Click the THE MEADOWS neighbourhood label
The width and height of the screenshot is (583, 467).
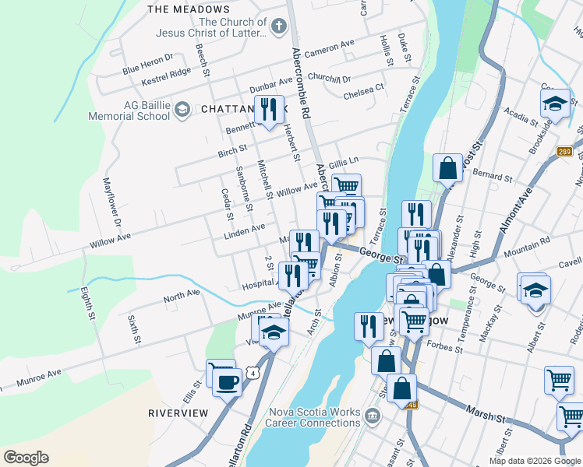188,9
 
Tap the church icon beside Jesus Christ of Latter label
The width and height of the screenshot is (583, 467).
278,28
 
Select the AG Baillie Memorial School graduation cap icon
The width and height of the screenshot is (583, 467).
182,109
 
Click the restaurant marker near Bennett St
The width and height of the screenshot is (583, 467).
269,108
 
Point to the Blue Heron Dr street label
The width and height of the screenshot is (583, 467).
147,64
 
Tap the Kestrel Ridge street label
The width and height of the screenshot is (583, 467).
166,76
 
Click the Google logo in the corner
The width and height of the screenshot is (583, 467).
26,458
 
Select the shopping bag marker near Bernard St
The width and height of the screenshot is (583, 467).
448,167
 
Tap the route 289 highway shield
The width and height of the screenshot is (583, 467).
565,152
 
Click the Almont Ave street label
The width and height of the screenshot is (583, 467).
515,211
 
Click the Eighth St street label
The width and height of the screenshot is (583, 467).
87,304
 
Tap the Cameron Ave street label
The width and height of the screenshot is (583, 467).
330,49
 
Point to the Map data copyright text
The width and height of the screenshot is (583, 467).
534,460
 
